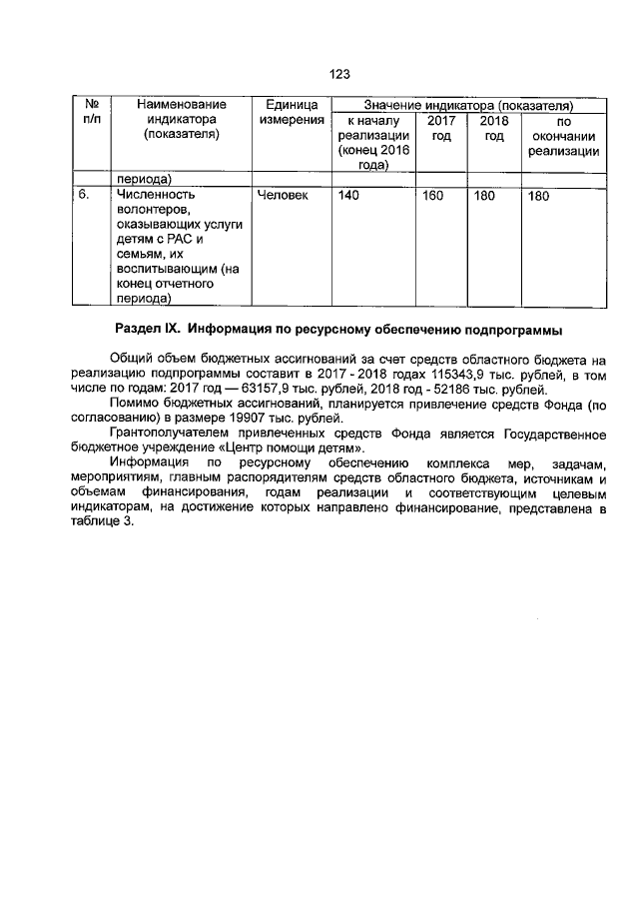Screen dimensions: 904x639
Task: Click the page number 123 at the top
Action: pos(339,74)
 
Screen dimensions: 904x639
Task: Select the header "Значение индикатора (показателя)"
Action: pos(467,104)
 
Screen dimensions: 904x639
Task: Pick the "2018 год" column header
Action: pos(493,128)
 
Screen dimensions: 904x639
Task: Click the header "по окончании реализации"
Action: pos(563,136)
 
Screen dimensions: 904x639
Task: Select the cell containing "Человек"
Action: pos(283,195)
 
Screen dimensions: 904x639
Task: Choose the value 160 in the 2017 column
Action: pos(432,195)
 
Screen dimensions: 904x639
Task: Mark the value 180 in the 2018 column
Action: pos(484,195)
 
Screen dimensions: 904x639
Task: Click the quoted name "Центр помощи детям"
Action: pos(292,451)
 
